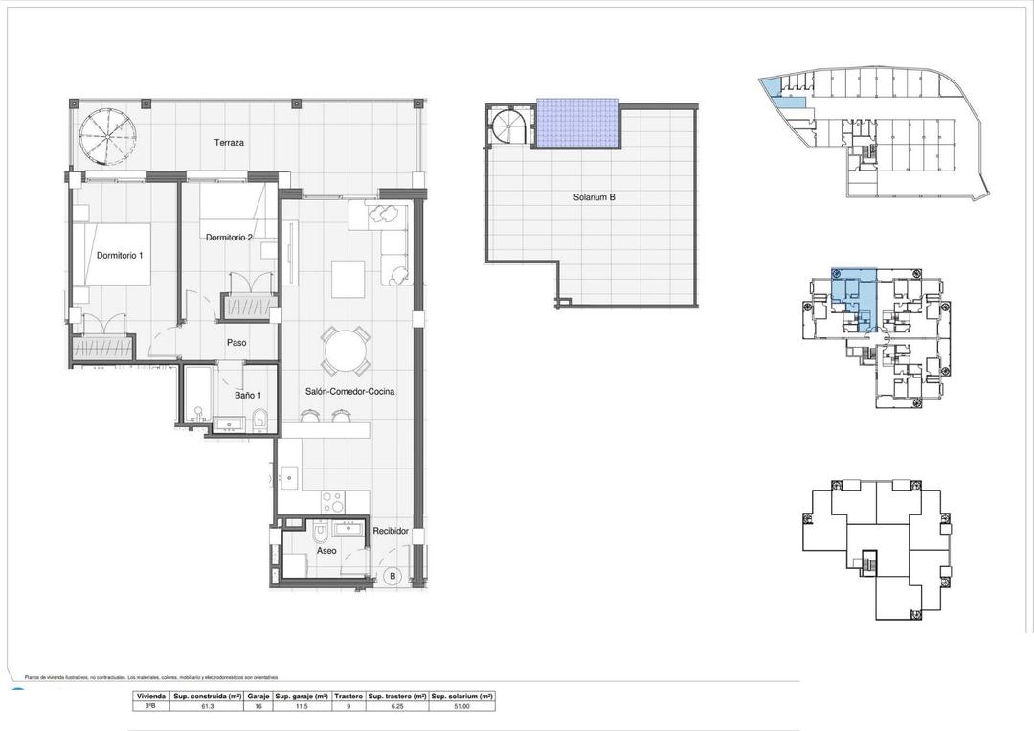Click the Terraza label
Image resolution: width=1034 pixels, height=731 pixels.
229,142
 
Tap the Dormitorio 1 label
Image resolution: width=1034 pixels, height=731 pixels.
121,255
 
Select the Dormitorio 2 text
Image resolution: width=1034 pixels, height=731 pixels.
228,238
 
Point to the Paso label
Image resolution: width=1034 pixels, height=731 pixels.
236,342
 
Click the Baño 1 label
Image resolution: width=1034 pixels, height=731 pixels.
248,394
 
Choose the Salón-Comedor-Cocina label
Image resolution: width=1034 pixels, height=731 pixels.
350,392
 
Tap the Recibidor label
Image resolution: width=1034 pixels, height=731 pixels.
391,531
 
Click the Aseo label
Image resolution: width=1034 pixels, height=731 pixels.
326,553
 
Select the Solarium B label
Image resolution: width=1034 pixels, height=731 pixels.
594,197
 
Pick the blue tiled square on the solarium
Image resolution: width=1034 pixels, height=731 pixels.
577,124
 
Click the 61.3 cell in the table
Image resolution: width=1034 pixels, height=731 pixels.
208,706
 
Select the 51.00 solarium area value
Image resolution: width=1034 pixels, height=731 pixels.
461,706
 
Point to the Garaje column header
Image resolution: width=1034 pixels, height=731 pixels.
258,696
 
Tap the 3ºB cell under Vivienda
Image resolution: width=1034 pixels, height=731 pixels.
151,706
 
